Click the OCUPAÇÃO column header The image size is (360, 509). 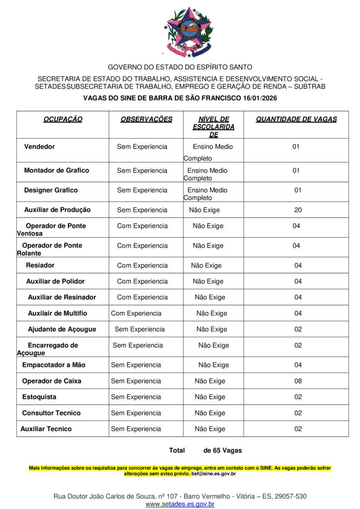(x=63, y=119)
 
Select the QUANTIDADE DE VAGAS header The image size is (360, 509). (x=296, y=119)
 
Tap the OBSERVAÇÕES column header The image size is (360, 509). (x=146, y=119)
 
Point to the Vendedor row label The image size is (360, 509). (x=39, y=147)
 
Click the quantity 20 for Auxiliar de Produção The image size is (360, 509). (x=298, y=210)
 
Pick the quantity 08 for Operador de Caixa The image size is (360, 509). (x=298, y=381)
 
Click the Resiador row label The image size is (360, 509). (x=40, y=265)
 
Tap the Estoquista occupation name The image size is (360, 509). (x=39, y=397)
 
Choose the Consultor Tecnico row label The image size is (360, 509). (x=51, y=413)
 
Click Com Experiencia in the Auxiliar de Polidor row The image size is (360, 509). (x=142, y=281)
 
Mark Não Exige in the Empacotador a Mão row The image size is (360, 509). (x=214, y=365)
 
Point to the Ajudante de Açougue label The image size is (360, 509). (x=62, y=330)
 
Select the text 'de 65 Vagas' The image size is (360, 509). (x=223, y=451)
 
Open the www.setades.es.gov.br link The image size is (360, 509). (x=180, y=504)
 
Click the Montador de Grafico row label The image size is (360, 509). (x=56, y=170)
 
